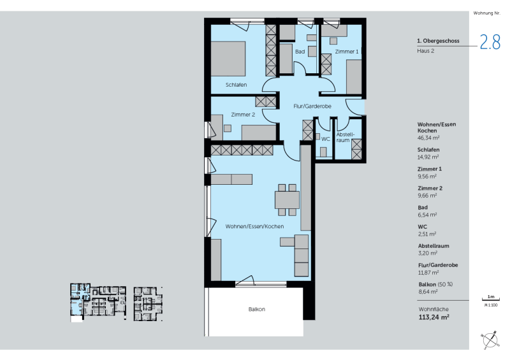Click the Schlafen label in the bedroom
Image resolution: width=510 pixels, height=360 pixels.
coord(236,85)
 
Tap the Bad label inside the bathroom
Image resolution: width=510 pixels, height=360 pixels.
coord(300,52)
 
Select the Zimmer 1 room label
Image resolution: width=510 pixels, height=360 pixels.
coord(347,52)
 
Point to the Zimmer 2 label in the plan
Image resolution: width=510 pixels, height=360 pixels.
coord(243,115)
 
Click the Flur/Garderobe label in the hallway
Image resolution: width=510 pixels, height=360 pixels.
coord(312,106)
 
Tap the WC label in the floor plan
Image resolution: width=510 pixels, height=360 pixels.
coord(326,139)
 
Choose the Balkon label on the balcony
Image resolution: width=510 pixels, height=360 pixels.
coord(257,309)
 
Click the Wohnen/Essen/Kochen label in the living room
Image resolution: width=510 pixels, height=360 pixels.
coord(254,226)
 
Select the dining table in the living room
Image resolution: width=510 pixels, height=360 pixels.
coord(288,200)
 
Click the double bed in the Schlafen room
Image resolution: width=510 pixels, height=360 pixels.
coord(228,59)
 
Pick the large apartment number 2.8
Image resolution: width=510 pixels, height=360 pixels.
coord(490,42)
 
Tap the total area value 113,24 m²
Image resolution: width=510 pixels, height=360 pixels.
coord(434,317)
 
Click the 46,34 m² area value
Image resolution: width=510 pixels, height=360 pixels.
coord(428,138)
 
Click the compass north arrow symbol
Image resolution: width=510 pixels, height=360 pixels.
coord(490,340)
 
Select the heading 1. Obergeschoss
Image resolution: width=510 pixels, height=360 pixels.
coord(438,41)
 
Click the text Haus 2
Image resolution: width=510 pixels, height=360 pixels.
coord(425,51)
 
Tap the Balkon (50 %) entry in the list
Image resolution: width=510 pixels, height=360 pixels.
coord(435,285)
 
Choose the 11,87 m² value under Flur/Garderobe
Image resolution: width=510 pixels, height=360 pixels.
coord(428,273)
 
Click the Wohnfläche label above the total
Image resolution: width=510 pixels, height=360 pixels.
coord(433,309)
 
